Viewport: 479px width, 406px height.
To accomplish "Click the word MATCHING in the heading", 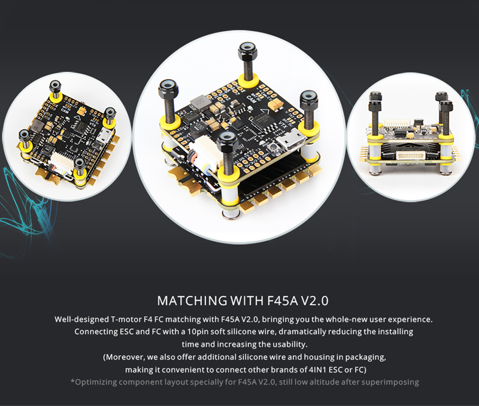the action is tap(192, 301).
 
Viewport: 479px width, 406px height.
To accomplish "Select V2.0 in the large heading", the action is tap(315, 301).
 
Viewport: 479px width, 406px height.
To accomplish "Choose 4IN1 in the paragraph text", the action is tap(317, 369).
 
